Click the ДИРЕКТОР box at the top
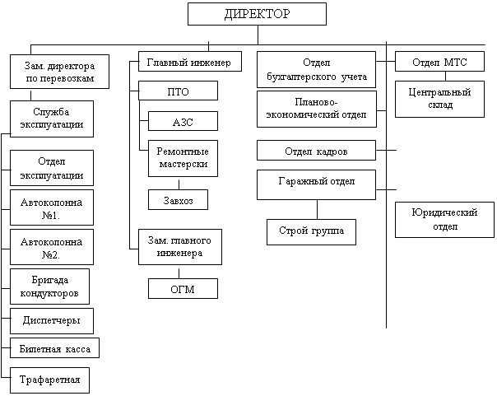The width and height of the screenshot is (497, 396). point(257,14)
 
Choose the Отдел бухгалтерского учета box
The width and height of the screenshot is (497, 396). point(316,71)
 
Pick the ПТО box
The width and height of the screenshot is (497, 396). point(179,91)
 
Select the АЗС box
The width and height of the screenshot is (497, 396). point(183,121)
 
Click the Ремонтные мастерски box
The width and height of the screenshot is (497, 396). point(183,158)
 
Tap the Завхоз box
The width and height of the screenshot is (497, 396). point(178,198)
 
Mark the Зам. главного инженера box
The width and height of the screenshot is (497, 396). point(180,247)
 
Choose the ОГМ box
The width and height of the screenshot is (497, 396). point(183,287)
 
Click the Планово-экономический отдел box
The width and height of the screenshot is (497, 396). point(316,109)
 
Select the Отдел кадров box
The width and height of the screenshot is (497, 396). point(316,151)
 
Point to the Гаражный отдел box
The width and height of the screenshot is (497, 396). point(316,184)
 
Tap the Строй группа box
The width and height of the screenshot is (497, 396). point(312,231)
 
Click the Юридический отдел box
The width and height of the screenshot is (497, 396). point(444,219)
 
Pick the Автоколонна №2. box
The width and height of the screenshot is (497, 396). point(52,247)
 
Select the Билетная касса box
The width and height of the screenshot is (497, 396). point(54,349)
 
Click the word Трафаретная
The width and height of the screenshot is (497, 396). point(50,380)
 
